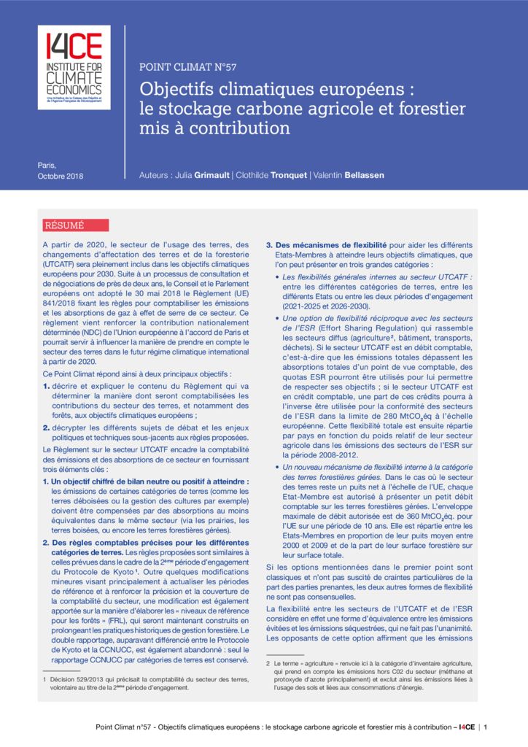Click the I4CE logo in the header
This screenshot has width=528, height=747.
click(74, 67)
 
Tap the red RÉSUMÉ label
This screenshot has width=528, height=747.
click(65, 225)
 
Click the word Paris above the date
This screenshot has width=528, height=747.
click(47, 165)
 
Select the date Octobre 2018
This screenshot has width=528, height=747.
click(61, 177)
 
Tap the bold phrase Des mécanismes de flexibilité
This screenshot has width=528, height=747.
click(331, 244)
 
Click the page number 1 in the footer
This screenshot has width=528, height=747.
click(486, 727)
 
